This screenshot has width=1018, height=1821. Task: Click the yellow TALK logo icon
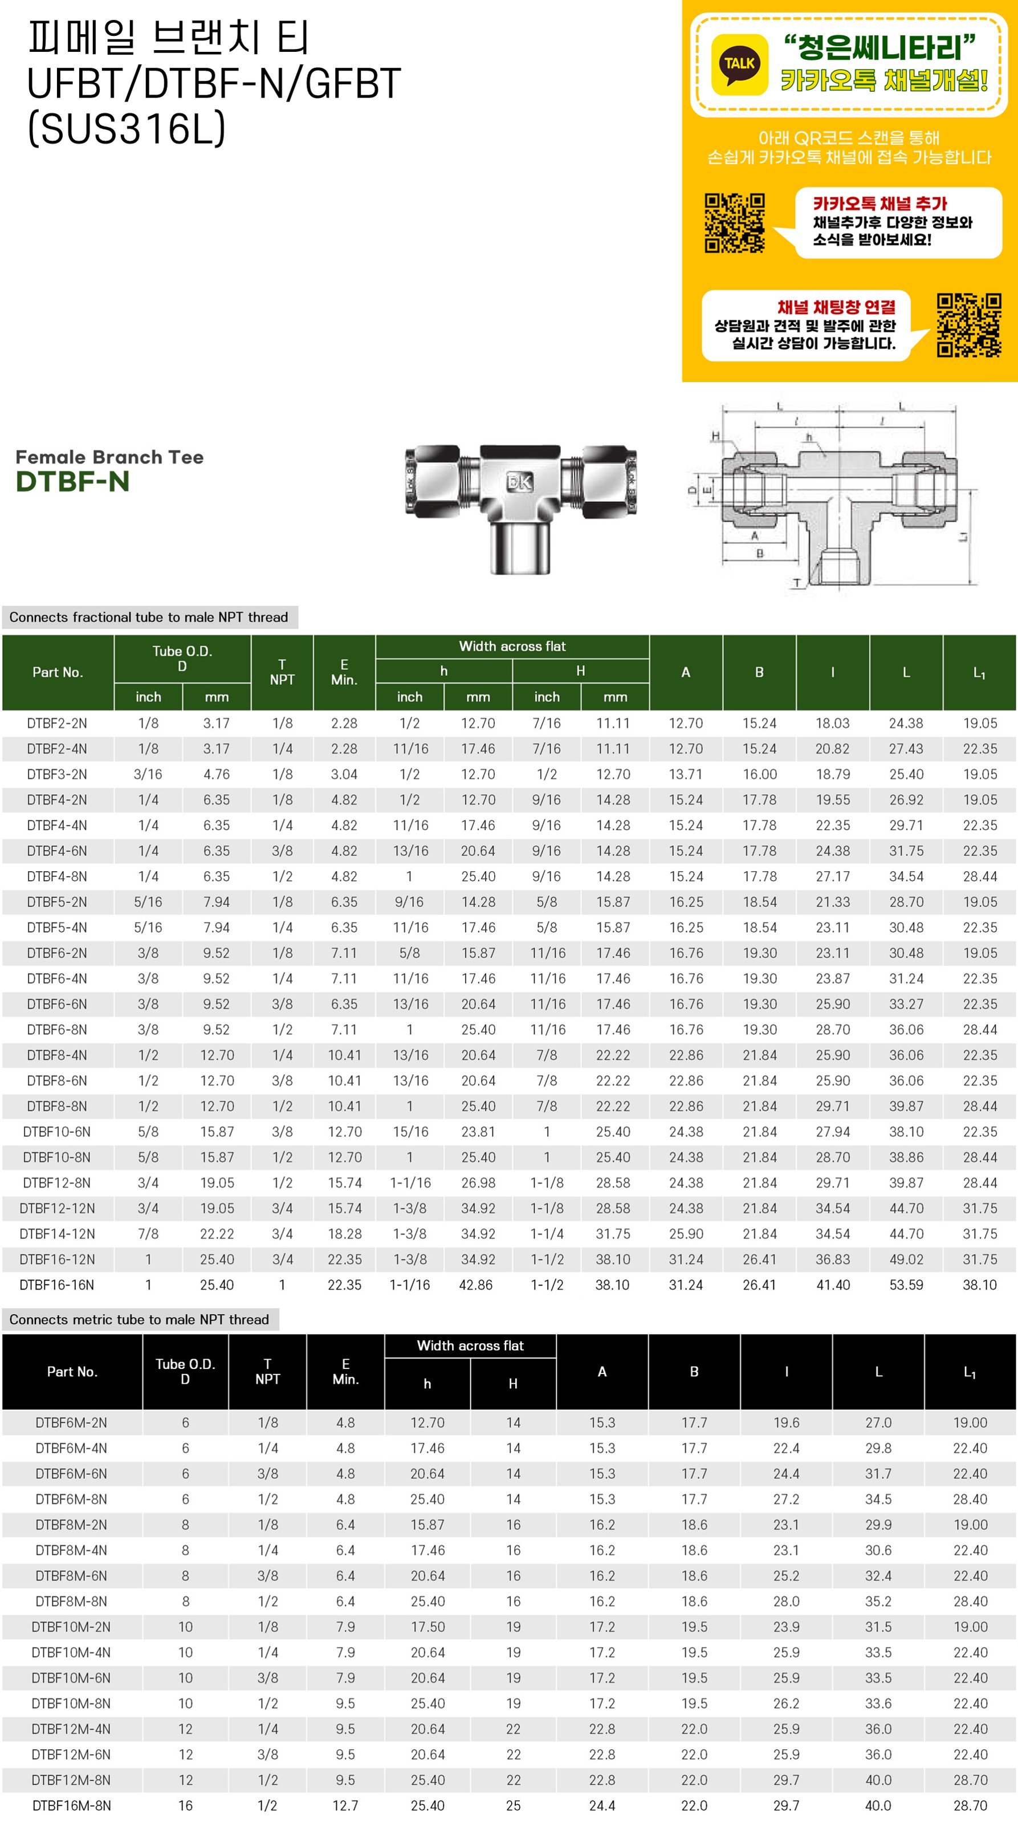click(x=739, y=64)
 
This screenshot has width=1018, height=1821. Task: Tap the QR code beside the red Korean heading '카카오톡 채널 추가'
click(x=735, y=223)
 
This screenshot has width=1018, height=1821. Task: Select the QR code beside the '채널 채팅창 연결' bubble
click(x=968, y=324)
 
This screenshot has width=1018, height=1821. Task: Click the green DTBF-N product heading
click(x=73, y=481)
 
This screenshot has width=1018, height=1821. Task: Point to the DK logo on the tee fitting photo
click(x=520, y=482)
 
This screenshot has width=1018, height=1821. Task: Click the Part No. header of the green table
click(x=58, y=672)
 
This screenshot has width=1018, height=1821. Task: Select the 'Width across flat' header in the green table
click(x=512, y=646)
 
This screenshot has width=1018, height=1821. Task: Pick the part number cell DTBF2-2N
click(x=57, y=723)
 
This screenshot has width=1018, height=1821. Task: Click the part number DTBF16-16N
click(x=56, y=1285)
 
